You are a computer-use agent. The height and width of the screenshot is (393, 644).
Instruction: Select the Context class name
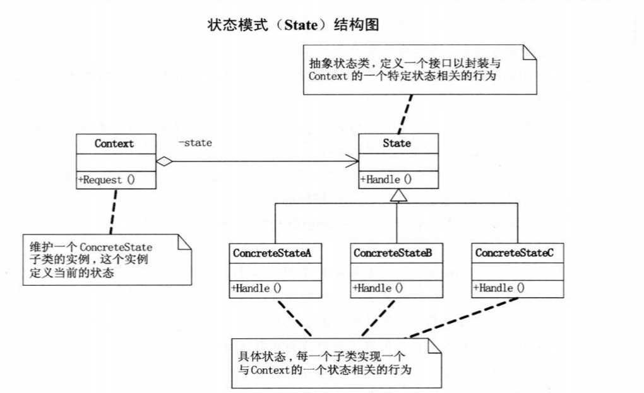114,143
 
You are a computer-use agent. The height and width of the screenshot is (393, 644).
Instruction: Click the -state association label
195,143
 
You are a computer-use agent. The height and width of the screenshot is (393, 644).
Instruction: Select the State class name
397,143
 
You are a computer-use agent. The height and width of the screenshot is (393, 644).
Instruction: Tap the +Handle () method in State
386,179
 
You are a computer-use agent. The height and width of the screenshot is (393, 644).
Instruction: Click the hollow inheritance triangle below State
397,196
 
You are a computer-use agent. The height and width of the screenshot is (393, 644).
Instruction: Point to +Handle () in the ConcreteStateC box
499,288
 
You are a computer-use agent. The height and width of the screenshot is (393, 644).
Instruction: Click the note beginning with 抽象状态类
419,70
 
